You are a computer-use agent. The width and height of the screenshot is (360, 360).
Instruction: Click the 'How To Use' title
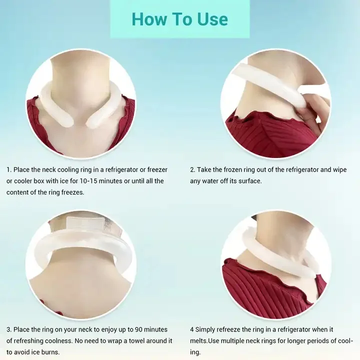tap(179, 19)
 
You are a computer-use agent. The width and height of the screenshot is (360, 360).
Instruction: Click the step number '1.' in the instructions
tap(9, 170)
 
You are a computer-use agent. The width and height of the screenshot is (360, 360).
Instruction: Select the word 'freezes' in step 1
tap(71, 192)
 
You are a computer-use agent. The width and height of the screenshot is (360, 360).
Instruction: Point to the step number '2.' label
tap(193, 170)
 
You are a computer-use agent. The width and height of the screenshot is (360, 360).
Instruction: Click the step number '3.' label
tap(9, 330)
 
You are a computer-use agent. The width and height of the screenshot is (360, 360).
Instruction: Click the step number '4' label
tap(192, 330)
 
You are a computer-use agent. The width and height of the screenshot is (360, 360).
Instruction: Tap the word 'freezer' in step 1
tap(156, 170)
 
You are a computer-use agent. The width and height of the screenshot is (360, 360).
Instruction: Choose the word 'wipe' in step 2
tap(338, 170)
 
